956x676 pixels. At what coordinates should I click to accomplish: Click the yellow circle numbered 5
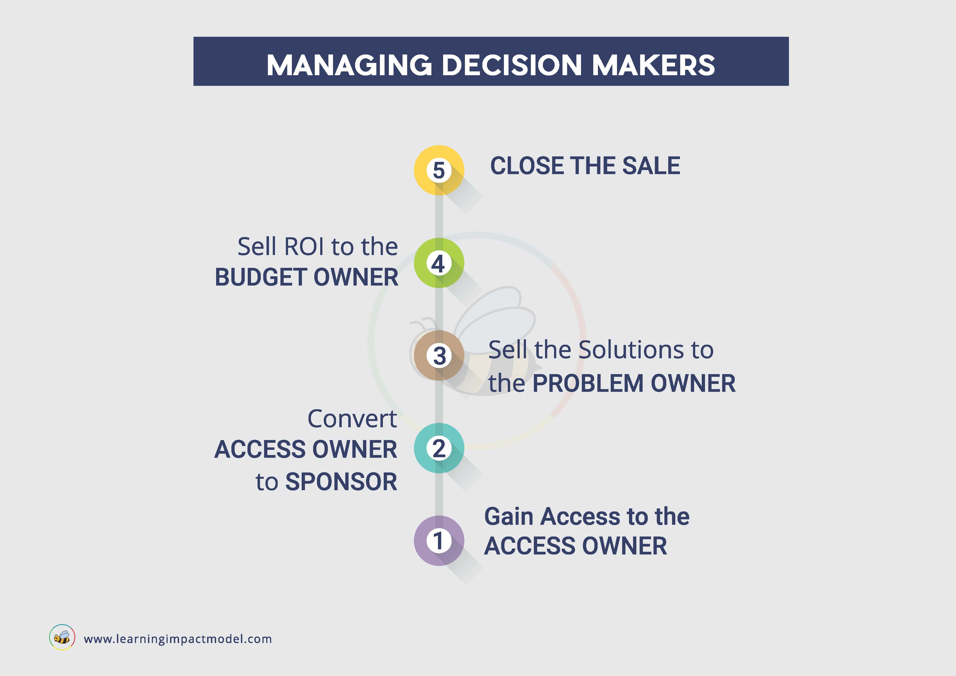(x=439, y=170)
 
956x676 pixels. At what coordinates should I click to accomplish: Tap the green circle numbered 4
(x=439, y=263)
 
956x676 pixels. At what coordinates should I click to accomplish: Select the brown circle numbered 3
(x=439, y=356)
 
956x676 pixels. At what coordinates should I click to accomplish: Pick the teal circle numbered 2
(x=439, y=448)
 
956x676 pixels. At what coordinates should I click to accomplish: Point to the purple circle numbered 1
(x=439, y=541)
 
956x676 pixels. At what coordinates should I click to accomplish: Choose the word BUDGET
(x=261, y=277)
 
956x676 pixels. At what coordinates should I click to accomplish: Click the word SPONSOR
(x=341, y=482)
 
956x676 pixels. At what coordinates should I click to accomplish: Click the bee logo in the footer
(x=62, y=637)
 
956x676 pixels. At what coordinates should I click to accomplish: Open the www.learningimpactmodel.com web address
(x=178, y=639)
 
